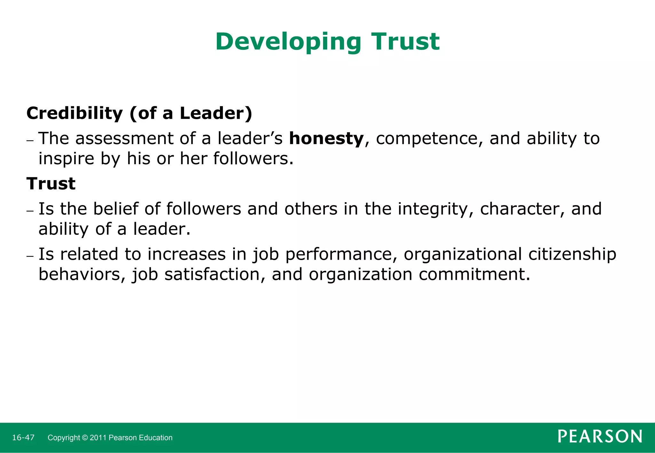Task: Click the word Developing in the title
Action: click(x=288, y=42)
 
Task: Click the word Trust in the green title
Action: click(x=405, y=42)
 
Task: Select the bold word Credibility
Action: click(x=75, y=113)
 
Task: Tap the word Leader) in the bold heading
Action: click(x=216, y=113)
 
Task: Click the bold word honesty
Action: click(x=326, y=139)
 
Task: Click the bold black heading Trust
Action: click(x=51, y=184)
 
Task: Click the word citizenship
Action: click(x=572, y=255)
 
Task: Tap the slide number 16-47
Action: click(x=23, y=438)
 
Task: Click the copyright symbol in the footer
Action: click(x=84, y=438)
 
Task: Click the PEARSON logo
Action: click(x=600, y=437)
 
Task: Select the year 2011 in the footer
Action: click(x=98, y=438)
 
